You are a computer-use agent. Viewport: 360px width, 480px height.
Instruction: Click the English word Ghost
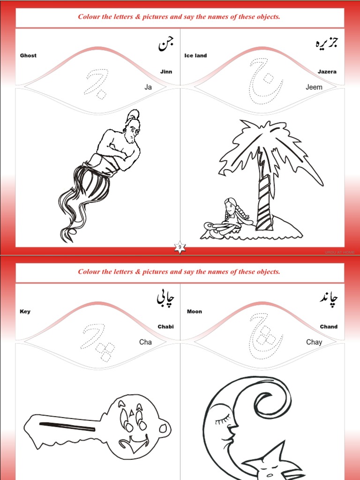point(28,55)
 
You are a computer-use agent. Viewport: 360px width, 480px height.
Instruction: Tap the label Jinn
point(166,72)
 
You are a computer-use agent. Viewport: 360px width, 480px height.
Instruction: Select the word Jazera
point(327,72)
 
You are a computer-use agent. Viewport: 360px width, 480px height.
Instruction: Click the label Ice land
point(195,55)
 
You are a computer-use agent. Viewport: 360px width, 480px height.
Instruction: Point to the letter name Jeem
point(314,87)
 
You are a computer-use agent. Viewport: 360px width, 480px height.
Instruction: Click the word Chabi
point(165,327)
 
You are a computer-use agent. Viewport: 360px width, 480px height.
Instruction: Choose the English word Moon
point(195,311)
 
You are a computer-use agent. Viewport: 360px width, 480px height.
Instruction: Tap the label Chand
point(329,327)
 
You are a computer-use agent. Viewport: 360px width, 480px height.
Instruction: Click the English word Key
point(25,311)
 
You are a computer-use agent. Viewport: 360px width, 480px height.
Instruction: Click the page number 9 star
point(180,247)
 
